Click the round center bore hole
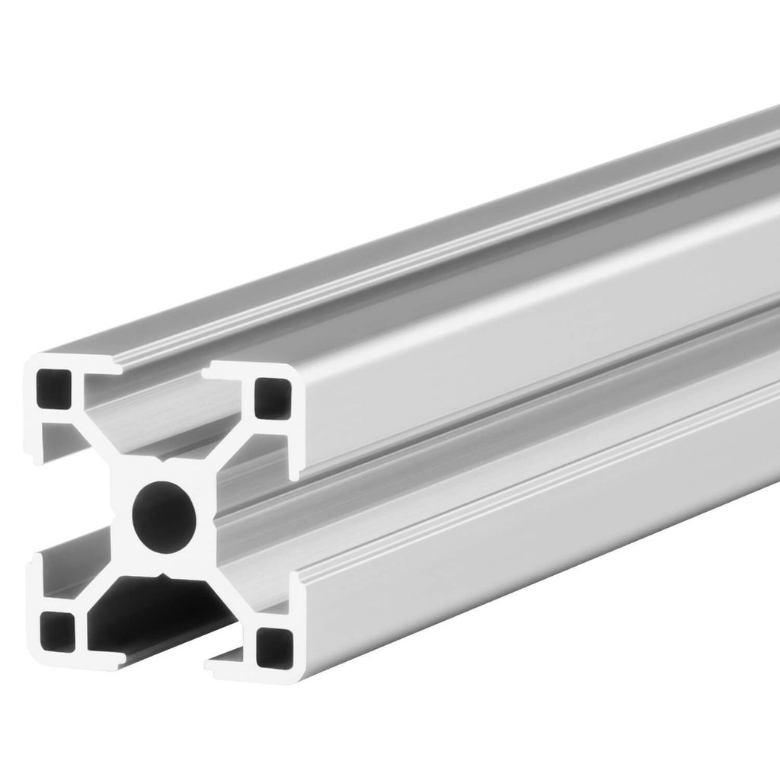[x=164, y=516]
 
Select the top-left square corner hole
[x=53, y=389]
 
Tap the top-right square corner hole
[x=272, y=398]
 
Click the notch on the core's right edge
[x=216, y=518]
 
